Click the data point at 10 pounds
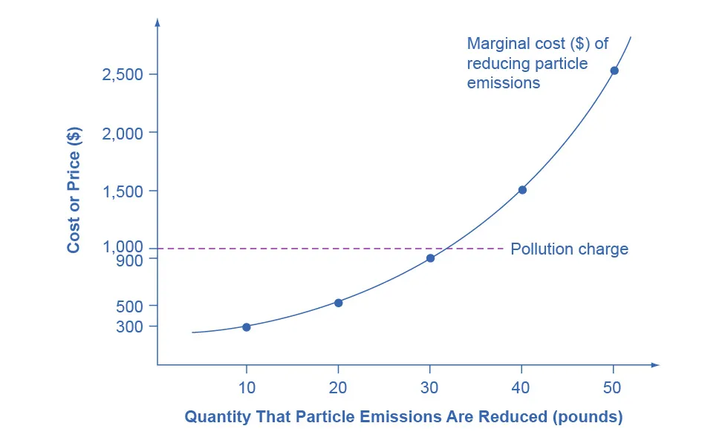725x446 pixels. (247, 327)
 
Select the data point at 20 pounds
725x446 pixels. (339, 303)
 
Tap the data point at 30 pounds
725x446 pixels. (430, 258)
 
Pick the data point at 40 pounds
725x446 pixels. (522, 190)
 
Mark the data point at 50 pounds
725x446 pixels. (614, 70)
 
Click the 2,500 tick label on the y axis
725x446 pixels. (124, 74)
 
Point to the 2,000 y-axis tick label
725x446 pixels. (124, 132)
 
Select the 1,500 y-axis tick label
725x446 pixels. (124, 191)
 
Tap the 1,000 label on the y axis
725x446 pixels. (124, 246)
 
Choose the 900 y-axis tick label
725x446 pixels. (131, 259)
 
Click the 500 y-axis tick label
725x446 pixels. (131, 306)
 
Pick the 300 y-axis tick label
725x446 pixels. (131, 327)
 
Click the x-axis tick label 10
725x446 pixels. (247, 387)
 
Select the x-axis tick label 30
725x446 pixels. (430, 387)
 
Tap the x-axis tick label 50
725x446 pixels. (613, 387)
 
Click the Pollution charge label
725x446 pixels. (569, 249)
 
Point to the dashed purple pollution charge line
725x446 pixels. (297, 248)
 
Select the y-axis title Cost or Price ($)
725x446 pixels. (74, 190)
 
